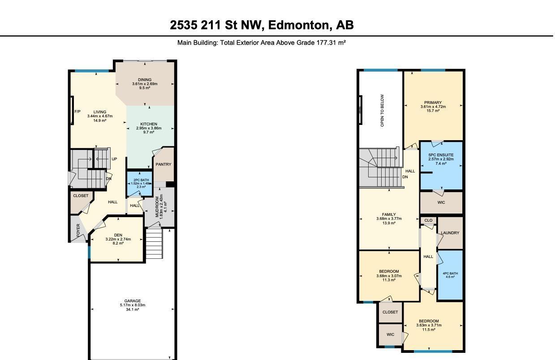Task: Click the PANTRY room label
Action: pyautogui.click(x=163, y=164)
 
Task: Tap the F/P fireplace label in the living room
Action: pyautogui.click(x=77, y=111)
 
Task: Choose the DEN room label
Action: pyautogui.click(x=118, y=235)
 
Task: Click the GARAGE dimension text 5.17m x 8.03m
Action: pyautogui.click(x=133, y=305)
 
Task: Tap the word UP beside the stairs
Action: pyautogui.click(x=114, y=159)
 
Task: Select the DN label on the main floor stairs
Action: pyautogui.click(x=108, y=179)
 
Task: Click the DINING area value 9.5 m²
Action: pyautogui.click(x=145, y=88)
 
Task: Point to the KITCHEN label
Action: pyautogui.click(x=149, y=124)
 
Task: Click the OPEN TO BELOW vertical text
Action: pyautogui.click(x=382, y=110)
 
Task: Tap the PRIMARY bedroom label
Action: pyautogui.click(x=433, y=103)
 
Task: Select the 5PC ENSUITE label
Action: pyautogui.click(x=441, y=155)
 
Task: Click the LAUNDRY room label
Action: pyautogui.click(x=450, y=233)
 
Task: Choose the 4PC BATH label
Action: pyautogui.click(x=450, y=273)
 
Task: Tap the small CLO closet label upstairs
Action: pyautogui.click(x=428, y=220)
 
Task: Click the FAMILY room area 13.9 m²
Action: pyautogui.click(x=389, y=223)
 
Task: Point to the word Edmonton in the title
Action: pyautogui.click(x=300, y=25)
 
